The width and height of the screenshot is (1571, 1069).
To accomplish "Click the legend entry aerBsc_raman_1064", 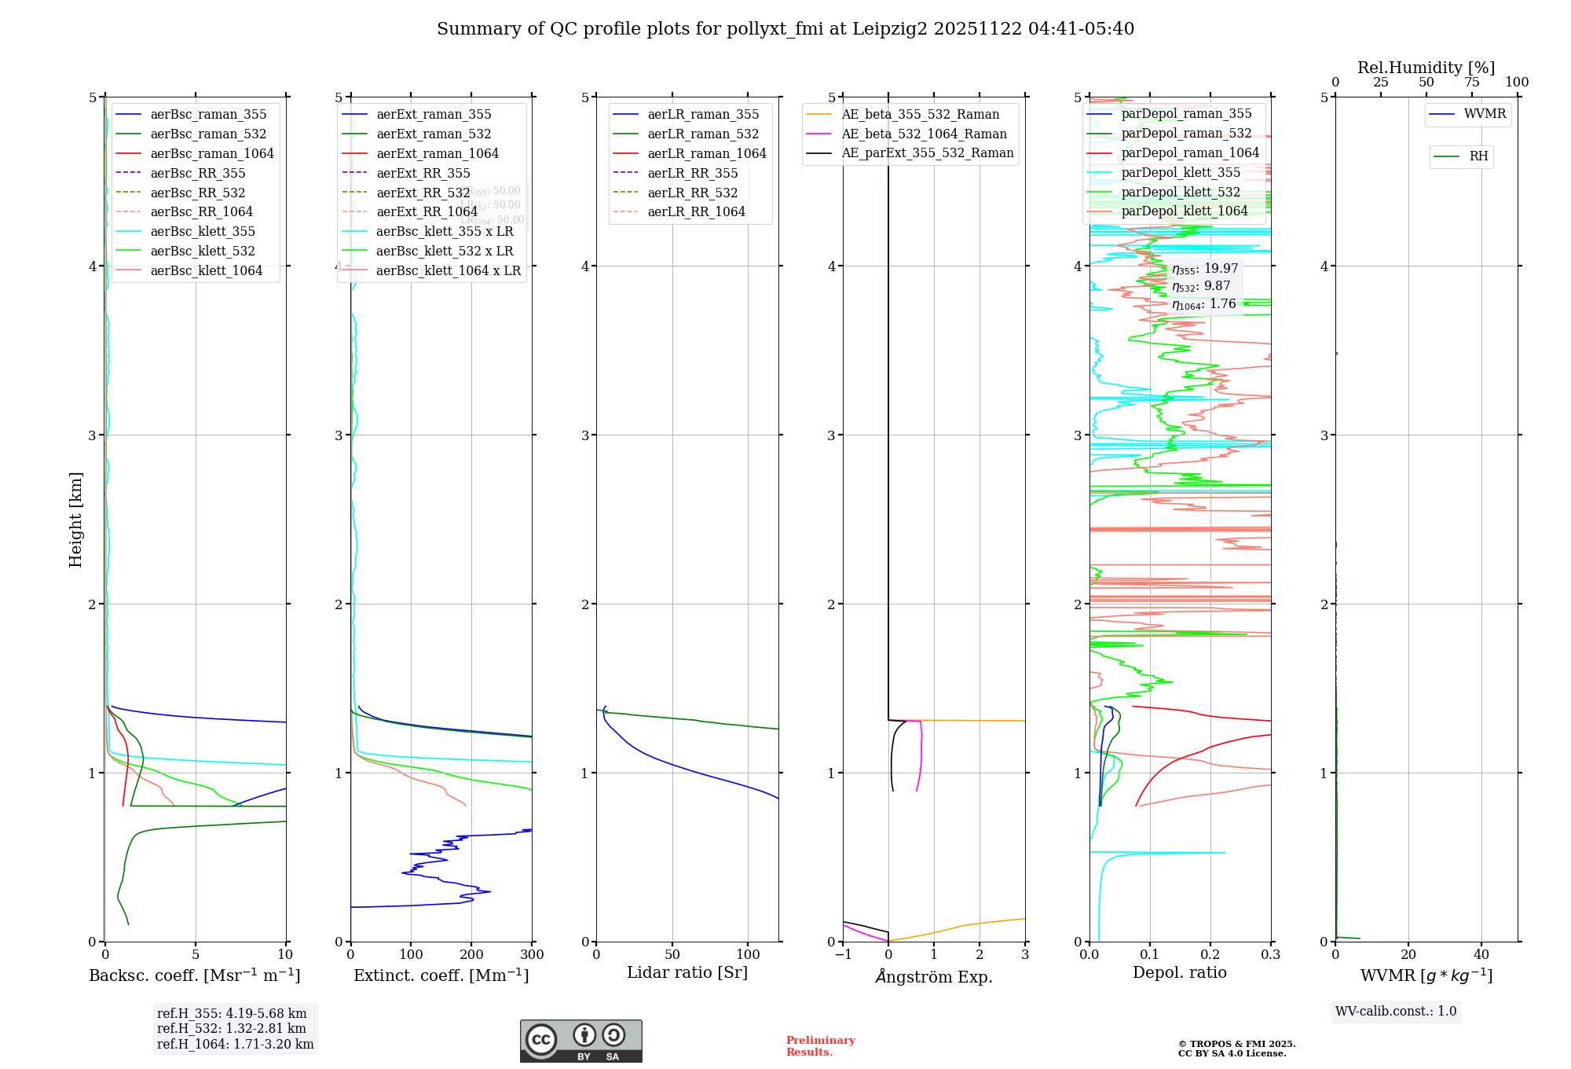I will tap(212, 153).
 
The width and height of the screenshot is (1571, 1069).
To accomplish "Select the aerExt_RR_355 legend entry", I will tap(423, 173).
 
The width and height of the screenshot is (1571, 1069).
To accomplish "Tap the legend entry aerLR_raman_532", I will tap(703, 134).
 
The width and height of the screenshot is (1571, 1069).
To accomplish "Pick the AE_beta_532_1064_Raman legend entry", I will tap(924, 134).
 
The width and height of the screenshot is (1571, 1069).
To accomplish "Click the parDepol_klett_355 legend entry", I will tap(1181, 172).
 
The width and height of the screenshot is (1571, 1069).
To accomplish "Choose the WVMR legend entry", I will tap(1485, 114).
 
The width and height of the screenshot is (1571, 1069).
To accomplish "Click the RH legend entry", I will tap(1478, 156).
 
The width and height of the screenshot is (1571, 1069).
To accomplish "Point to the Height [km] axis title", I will tap(75, 519).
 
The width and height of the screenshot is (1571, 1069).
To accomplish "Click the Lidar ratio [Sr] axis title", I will tap(687, 972).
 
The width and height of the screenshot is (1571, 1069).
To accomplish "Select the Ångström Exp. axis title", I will tap(934, 976).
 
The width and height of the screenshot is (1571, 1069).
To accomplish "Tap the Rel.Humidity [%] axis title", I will tap(1426, 68).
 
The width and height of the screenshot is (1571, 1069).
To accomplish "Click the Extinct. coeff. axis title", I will tap(441, 975).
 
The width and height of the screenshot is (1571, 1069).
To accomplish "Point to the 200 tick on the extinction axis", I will tap(471, 955).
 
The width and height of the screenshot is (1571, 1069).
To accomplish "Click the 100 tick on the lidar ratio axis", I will tap(749, 954).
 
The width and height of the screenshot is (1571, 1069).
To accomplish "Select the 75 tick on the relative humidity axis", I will tap(1471, 83).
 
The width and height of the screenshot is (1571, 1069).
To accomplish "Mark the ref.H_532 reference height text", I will tap(232, 1029).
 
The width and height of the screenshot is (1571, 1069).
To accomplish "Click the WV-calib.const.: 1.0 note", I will tap(1396, 1012).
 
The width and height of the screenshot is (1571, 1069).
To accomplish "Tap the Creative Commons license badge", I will tap(580, 1041).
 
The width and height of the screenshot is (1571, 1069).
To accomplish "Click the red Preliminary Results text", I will tap(820, 1046).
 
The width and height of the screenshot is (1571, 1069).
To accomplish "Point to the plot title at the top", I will tap(785, 29).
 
